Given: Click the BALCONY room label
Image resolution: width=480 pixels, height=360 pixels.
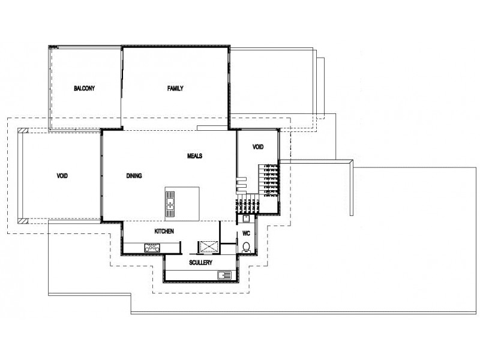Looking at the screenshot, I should coord(85,88).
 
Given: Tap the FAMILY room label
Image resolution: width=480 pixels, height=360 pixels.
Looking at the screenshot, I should coord(175,88).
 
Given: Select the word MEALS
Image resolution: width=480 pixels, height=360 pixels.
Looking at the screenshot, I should coord(194,155).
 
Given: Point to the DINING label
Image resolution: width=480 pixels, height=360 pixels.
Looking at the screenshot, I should coord(134,176).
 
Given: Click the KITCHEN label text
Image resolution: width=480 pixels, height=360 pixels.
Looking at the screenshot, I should coord(164,231).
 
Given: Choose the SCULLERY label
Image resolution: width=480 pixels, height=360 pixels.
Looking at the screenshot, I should coord(201,263).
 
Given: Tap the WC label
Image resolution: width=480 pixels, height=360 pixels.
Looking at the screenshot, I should coord(246,233).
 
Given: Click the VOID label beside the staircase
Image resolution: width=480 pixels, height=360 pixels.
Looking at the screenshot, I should coord(258,146).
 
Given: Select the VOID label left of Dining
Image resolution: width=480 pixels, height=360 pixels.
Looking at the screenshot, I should coord(62,176).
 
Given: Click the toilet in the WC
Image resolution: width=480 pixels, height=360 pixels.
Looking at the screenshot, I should coord(246,247).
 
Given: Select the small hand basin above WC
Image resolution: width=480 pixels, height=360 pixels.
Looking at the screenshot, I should coord(246,218).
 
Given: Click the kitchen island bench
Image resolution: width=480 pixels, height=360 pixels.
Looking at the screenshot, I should coord(182,203).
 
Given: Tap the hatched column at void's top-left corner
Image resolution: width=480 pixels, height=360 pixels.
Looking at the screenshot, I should coord(22,130).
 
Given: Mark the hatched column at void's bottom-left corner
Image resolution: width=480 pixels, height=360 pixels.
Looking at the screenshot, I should coord(22,220).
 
